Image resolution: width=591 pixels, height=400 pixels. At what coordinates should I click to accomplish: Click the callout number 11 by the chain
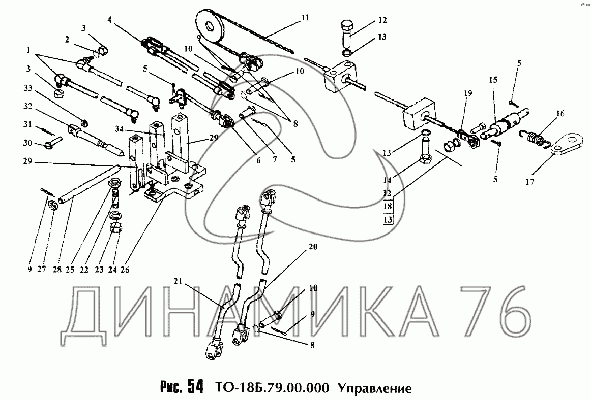point(305,18)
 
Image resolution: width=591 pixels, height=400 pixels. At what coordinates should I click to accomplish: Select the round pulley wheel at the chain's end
point(210,26)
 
